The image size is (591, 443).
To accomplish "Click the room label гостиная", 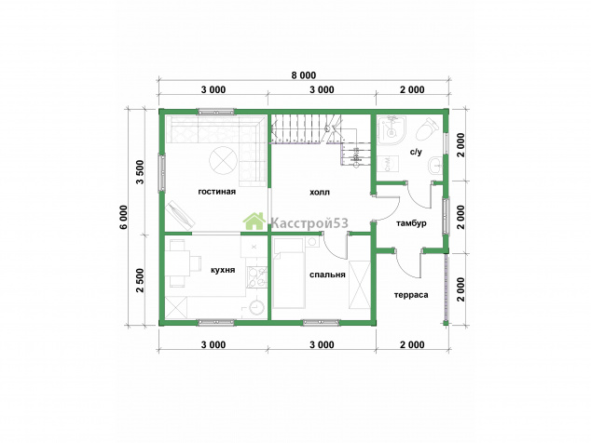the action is pyautogui.click(x=216, y=192).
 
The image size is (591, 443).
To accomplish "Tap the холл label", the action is pyautogui.click(x=320, y=193).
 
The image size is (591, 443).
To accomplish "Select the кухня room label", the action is pyautogui.click(x=223, y=270).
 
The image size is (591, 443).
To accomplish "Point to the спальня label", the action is pyautogui.click(x=327, y=275).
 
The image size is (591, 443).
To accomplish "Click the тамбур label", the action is pyautogui.click(x=411, y=223).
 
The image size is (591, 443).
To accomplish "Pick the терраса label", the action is pyautogui.click(x=411, y=295).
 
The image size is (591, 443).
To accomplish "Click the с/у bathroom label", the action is pyautogui.click(x=416, y=152).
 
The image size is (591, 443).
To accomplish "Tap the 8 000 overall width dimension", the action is pyautogui.click(x=303, y=75).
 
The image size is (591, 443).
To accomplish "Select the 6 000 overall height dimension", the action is pyautogui.click(x=125, y=217).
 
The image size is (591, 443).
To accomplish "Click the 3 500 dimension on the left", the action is pyautogui.click(x=140, y=172).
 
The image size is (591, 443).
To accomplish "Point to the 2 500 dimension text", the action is pyautogui.click(x=140, y=280).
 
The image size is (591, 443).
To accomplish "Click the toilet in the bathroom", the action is pyautogui.click(x=428, y=128).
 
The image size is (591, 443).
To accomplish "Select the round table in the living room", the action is pyautogui.click(x=224, y=159).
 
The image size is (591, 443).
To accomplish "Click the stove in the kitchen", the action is pyautogui.click(x=257, y=277).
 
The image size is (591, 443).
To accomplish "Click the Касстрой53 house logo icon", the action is pyautogui.click(x=254, y=221).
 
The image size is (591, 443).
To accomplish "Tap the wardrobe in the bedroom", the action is pyautogui.click(x=360, y=285).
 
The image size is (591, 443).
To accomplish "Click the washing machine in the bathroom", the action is pyautogui.click(x=388, y=164).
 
